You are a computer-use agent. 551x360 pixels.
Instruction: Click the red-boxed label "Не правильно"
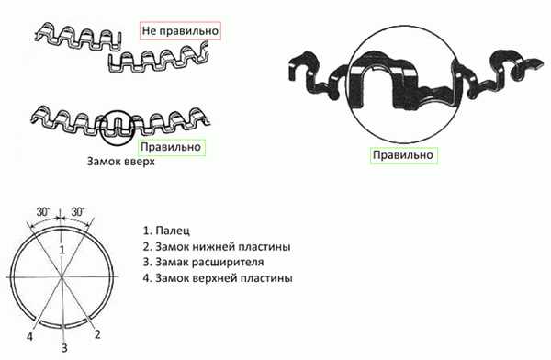pos(180,30)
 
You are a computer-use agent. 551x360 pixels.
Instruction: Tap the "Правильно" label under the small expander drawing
pos(171,147)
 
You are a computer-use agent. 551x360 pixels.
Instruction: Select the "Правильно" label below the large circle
pos(403,155)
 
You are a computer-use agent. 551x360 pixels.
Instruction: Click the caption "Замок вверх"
pos(120,162)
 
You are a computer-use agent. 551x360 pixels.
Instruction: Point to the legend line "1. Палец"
pos(166,231)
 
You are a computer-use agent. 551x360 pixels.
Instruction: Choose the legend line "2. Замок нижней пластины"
pos(217,246)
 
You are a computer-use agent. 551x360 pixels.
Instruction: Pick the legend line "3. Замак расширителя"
pos(204,262)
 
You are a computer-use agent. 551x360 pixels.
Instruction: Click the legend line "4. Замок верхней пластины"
pos(218,278)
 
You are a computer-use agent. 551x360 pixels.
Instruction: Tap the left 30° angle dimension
pos(43,212)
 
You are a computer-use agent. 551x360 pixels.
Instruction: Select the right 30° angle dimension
pos(78,211)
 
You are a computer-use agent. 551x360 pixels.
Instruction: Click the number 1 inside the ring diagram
pos(62,250)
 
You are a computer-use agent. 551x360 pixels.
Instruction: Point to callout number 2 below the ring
pos(97,334)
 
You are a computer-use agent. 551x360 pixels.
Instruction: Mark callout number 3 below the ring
pos(64,348)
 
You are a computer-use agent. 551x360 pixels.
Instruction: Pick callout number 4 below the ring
pos(30,337)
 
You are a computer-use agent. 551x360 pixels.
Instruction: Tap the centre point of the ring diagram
pos(62,277)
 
